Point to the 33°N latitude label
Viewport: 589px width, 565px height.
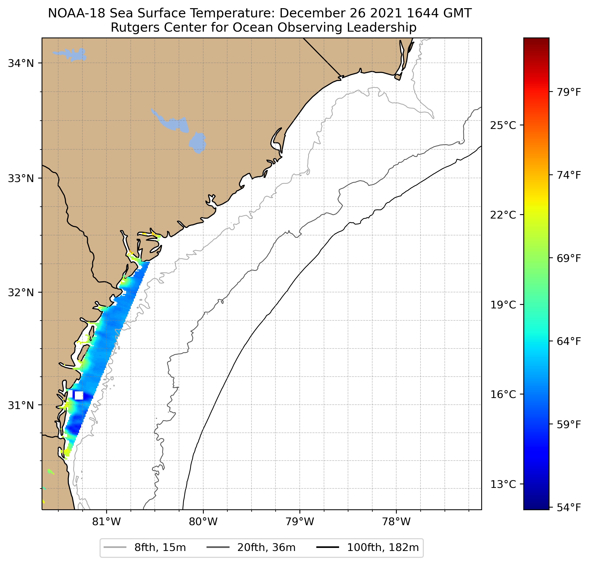pyautogui.click(x=21, y=178)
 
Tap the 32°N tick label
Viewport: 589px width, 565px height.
pyautogui.click(x=21, y=292)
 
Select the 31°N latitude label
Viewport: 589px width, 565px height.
pyautogui.click(x=21, y=405)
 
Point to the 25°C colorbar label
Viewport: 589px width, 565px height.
pyautogui.click(x=503, y=125)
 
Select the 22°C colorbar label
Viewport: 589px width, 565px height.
pyautogui.click(x=503, y=215)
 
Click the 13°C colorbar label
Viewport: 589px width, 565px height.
pyautogui.click(x=503, y=484)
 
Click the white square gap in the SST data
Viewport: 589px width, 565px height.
pyautogui.click(x=79, y=395)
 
